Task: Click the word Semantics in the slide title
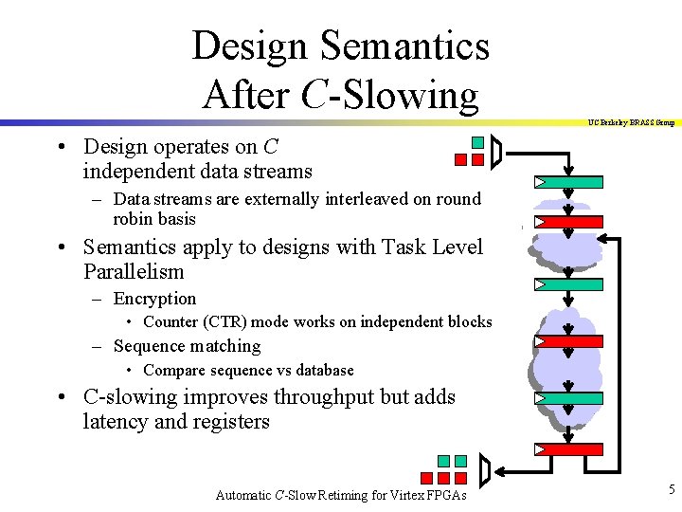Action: tap(404, 45)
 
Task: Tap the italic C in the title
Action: tap(314, 95)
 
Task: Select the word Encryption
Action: tap(154, 299)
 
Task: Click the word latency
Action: tap(115, 422)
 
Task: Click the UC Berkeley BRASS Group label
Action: tap(631, 122)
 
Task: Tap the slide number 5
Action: tap(671, 489)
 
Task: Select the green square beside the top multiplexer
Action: tap(478, 143)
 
